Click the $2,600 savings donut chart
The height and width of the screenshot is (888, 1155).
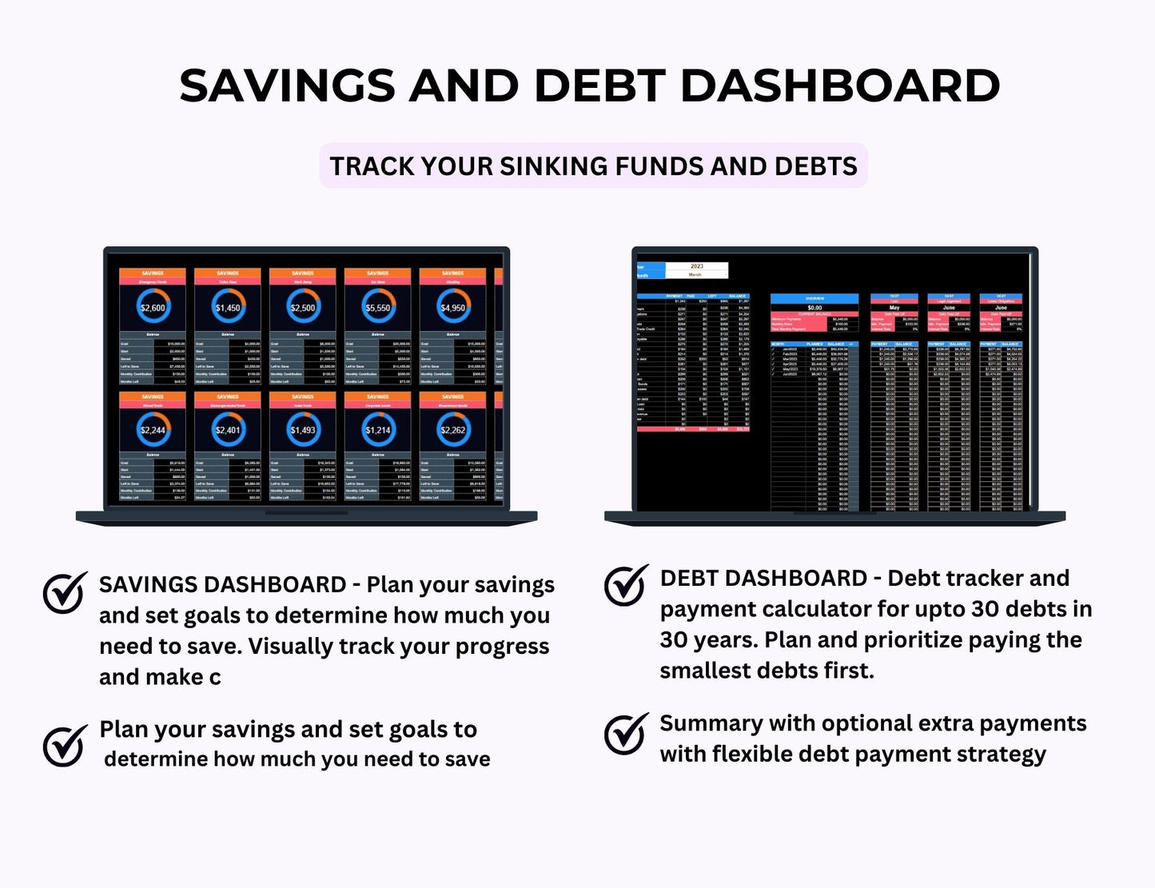[x=153, y=308]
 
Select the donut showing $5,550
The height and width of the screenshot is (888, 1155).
[x=378, y=308]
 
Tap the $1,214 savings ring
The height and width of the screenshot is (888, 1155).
[x=378, y=430]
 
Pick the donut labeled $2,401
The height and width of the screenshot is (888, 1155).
[x=228, y=430]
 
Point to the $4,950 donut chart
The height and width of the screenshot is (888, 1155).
[x=453, y=308]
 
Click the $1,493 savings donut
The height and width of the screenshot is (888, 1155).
[x=303, y=430]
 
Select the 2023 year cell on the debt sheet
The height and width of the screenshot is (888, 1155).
[x=696, y=266]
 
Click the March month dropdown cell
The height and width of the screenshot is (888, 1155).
[x=696, y=275]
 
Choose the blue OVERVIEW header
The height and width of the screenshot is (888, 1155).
[x=814, y=298]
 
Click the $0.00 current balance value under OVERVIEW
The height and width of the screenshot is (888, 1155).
[x=814, y=307]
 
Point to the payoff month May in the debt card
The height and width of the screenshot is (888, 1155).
[x=894, y=307]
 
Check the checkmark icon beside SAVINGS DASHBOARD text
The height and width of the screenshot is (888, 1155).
[x=65, y=592]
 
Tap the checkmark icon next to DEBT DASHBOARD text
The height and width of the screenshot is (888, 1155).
[x=626, y=585]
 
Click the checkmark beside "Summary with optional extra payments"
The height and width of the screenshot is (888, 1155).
[x=626, y=734]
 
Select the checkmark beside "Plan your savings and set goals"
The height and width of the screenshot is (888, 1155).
[x=65, y=745]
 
